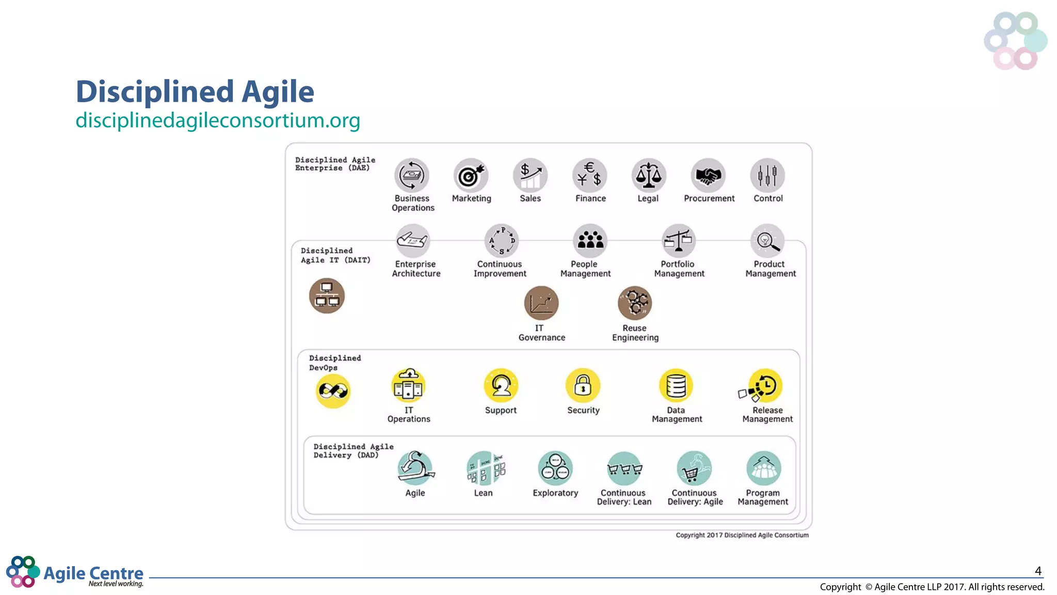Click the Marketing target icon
tap(470, 176)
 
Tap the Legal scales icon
tap(648, 176)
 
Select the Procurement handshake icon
tap(708, 176)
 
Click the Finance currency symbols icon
tap(589, 176)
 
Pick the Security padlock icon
tap(583, 385)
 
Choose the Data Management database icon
tap(676, 385)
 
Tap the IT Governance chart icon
tap(541, 303)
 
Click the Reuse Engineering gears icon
tap(635, 303)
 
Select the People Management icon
tap(590, 241)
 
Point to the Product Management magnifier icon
tap(767, 241)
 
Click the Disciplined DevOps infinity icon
tap(333, 391)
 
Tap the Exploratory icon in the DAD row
tap(555, 468)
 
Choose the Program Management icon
tap(763, 468)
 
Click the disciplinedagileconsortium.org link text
tap(218, 120)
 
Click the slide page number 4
tap(1038, 571)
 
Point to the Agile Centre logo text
tap(93, 573)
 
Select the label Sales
tap(530, 198)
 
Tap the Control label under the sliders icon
tap(768, 198)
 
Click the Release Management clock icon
tap(765, 385)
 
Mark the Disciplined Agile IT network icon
tap(327, 296)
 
